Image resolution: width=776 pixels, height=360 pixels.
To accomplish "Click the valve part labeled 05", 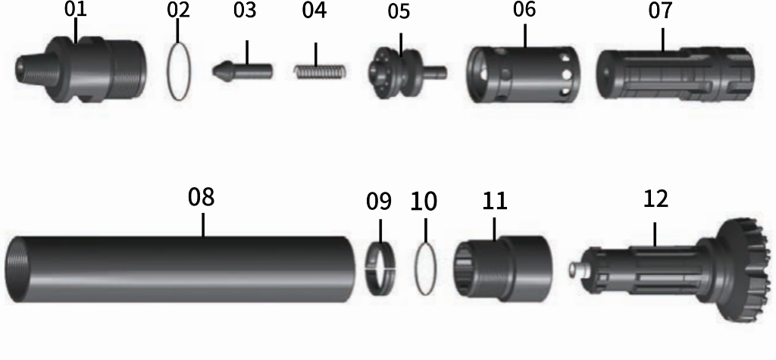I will [x=402, y=70].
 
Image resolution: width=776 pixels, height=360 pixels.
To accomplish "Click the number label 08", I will [x=202, y=197].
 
